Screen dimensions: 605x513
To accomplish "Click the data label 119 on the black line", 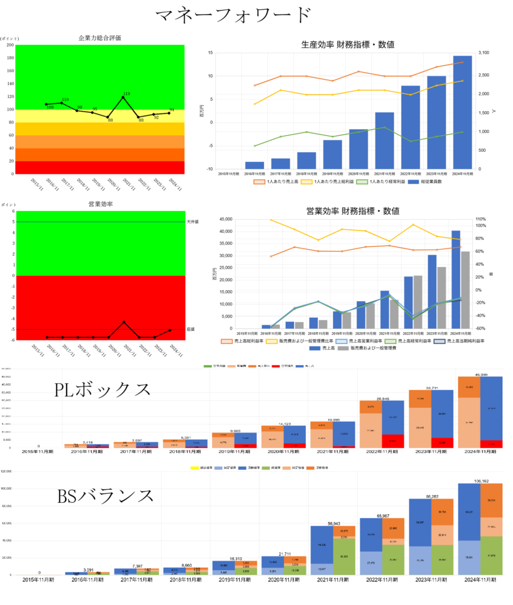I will (x=126, y=93).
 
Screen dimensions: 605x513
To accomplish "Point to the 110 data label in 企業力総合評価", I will (x=66, y=100).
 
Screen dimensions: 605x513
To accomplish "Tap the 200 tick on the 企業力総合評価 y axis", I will (x=10, y=45).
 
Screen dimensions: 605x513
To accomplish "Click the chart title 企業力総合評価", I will (x=100, y=37).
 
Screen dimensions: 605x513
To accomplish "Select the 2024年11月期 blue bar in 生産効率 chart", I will (x=462, y=112).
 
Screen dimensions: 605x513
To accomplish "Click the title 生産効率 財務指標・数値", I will (x=348, y=44).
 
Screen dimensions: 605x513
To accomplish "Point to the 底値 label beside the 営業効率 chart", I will (x=190, y=330).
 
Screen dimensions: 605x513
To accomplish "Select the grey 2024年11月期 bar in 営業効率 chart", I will (x=466, y=290).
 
